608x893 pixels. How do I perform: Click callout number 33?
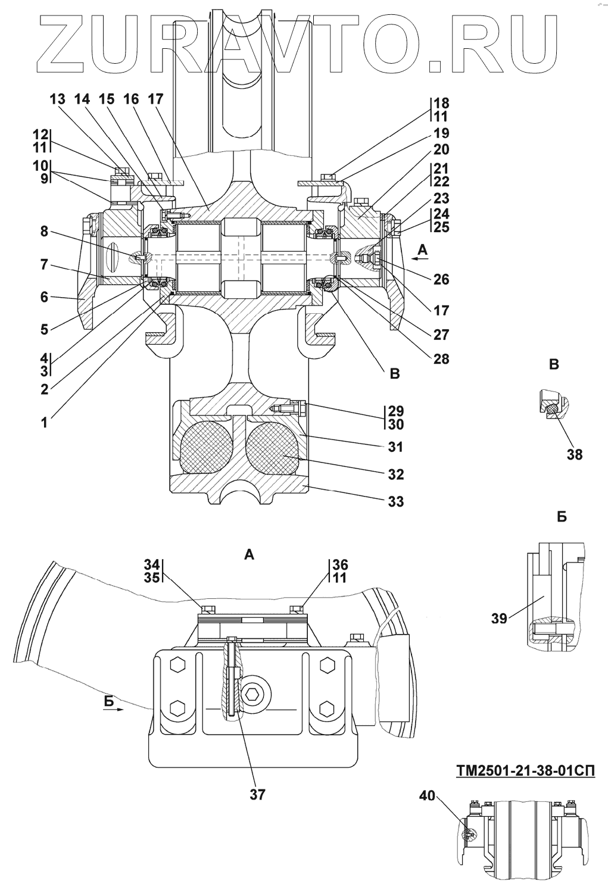tap(395, 502)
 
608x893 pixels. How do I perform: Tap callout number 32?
tap(395, 474)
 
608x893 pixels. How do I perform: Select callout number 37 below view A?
tap(257, 794)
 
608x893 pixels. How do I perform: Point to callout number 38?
tap(574, 454)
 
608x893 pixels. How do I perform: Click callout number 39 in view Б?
tap(499, 618)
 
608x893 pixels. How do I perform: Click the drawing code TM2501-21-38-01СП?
tap(525, 771)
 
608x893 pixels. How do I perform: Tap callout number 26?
tap(441, 280)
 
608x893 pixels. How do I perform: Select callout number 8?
tap(44, 231)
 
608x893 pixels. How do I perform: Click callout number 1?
tap(44, 423)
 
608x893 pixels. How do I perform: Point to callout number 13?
tap(57, 99)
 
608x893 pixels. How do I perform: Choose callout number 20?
tap(441, 149)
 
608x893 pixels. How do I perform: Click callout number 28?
tap(441, 358)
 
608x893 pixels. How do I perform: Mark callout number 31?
tap(395, 447)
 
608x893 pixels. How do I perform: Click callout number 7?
tap(44, 264)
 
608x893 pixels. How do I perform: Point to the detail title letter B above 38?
tap(554, 364)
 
